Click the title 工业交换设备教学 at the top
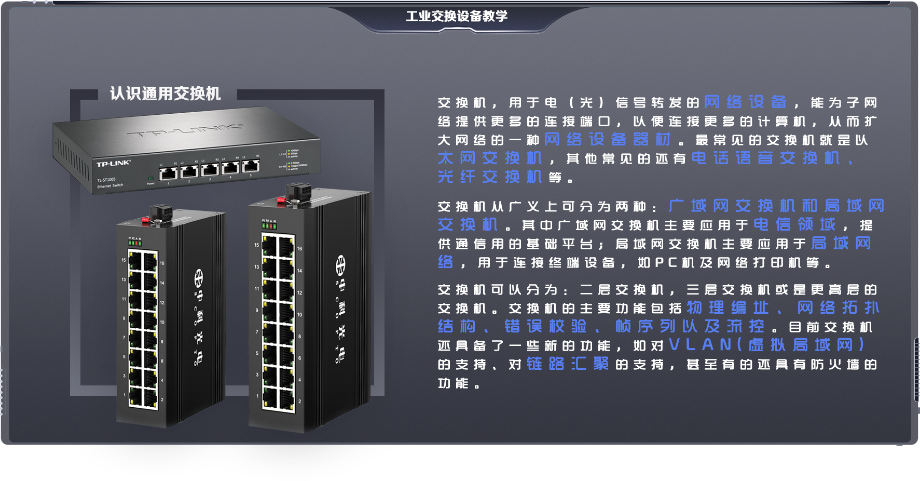pos(457,16)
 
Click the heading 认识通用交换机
pos(166,93)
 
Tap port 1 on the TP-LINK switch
pos(168,173)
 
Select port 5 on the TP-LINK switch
pos(251,166)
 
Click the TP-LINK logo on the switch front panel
pos(114,164)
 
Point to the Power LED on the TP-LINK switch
pos(150,179)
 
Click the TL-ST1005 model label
pos(106,180)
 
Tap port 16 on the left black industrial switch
pos(150,261)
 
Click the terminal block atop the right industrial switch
pos(298,193)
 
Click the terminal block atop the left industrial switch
pos(161,213)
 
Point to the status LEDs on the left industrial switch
pos(134,243)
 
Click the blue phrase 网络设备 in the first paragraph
pos(745,102)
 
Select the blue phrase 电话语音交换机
pos(765,158)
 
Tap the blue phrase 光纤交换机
pos(490,177)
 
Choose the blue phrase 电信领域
pos(794,224)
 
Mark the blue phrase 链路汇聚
pos(568,364)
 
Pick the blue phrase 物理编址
pos(728,308)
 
